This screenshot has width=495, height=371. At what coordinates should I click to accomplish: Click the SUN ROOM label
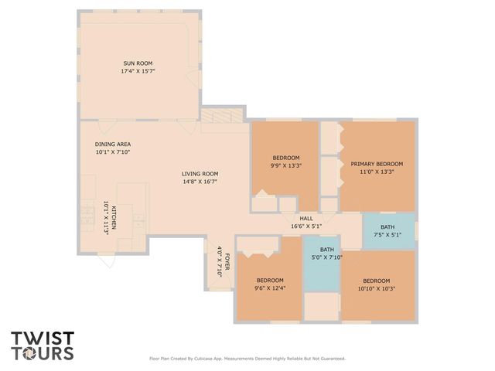[x=138, y=63]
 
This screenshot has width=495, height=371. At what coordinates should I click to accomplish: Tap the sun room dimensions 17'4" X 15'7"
[x=138, y=71]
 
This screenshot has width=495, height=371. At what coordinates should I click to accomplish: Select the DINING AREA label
[x=112, y=145]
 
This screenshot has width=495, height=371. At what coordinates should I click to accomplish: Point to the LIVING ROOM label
[x=200, y=173]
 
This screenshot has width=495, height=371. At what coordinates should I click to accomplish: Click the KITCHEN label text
[x=113, y=217]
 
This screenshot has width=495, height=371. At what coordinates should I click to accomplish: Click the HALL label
[x=306, y=218]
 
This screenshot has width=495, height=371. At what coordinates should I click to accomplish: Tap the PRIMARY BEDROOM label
[x=377, y=164]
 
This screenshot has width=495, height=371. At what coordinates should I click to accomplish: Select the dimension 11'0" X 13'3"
[x=377, y=172]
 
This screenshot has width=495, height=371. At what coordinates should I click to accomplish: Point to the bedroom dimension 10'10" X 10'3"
[x=377, y=288]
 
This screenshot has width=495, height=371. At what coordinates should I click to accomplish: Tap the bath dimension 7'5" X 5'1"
[x=387, y=234]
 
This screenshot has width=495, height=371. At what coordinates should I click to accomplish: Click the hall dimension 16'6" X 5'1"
[x=306, y=226]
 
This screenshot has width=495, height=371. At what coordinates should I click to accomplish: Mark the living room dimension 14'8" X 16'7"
[x=200, y=182]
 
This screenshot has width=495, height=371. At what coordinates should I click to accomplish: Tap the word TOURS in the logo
[x=42, y=353]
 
